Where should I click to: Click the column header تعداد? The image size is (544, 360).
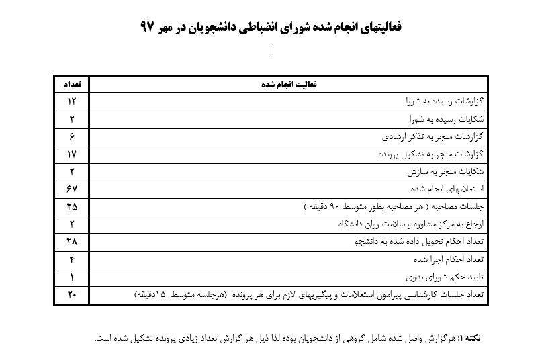click(71, 85)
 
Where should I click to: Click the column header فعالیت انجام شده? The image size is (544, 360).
click(289, 85)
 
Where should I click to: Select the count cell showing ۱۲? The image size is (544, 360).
click(71, 102)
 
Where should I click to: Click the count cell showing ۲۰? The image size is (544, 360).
click(71, 294)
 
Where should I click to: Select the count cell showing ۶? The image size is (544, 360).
click(71, 137)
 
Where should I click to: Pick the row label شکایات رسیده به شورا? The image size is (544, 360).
click(447, 120)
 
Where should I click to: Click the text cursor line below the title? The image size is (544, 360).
click(271, 53)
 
